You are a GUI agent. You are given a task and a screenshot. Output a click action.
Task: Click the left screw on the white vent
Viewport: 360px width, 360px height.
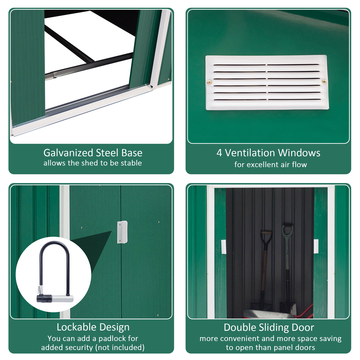point(209,82)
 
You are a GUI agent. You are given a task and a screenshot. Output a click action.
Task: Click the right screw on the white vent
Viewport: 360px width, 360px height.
point(324,81)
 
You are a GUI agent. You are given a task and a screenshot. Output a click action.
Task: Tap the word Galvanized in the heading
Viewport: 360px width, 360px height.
point(68,153)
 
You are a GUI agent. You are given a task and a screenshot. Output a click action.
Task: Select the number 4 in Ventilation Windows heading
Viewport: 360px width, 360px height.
point(219,153)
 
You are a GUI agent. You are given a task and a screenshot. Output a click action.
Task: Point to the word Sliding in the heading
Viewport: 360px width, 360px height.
point(270,327)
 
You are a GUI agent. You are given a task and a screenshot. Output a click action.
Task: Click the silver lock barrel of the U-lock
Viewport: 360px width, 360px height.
point(62,298)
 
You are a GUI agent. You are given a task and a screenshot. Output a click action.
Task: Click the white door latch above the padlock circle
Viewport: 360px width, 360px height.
point(122,232)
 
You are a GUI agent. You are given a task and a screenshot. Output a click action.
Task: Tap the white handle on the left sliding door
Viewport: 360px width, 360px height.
point(223,247)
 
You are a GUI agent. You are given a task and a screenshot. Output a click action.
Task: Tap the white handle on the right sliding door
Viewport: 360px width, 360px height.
point(316,246)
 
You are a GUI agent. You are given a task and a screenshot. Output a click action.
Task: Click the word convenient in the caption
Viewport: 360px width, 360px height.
point(238,339)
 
